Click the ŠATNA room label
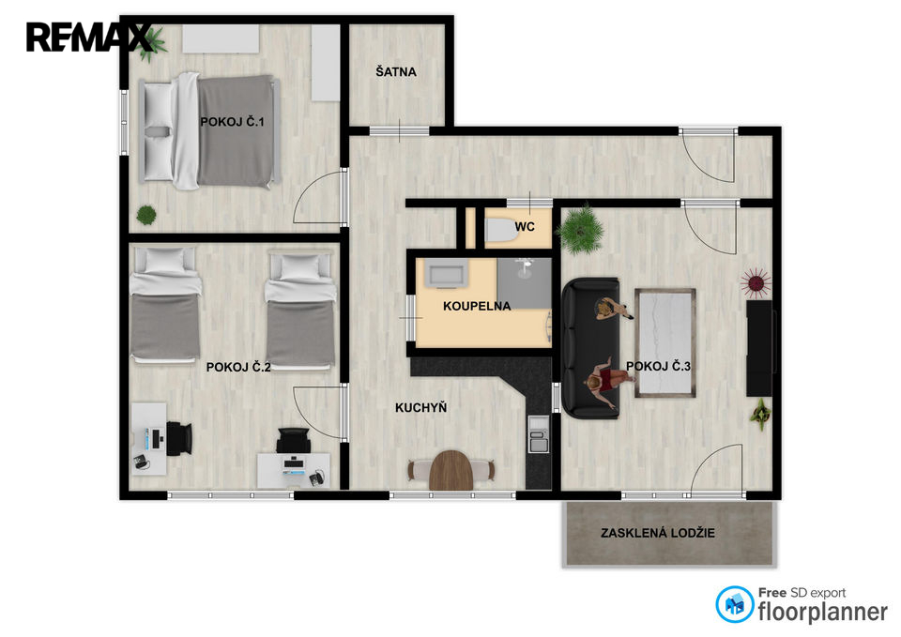[396, 72]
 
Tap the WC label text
[525, 226]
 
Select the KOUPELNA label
[477, 306]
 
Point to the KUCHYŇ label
[420, 407]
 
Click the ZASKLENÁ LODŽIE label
[658, 533]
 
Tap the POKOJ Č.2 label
[238, 367]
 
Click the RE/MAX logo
[89, 38]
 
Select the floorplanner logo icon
[734, 604]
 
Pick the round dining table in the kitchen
[451, 470]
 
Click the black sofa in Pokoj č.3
[590, 347]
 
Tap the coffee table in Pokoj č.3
[665, 343]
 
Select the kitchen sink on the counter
[539, 433]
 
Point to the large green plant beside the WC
[583, 230]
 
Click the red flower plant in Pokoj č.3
[755, 282]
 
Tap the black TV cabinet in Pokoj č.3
[759, 348]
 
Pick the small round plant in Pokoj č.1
[146, 216]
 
